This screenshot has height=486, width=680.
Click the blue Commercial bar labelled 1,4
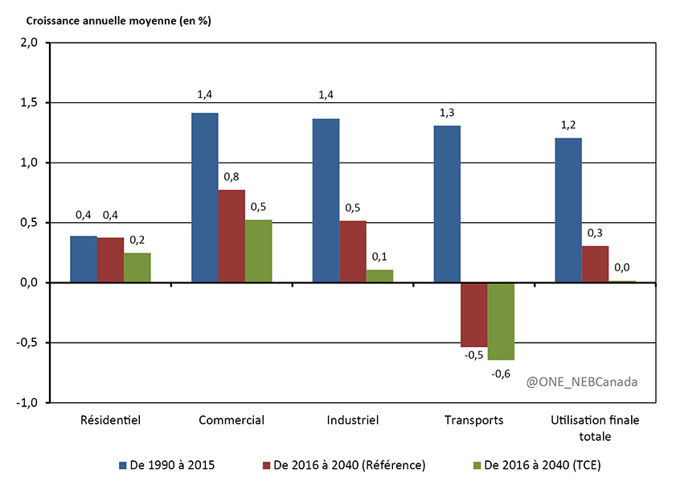coord(204,197)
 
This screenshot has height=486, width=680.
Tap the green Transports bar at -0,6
coord(501,321)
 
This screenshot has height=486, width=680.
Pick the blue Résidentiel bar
coord(84,259)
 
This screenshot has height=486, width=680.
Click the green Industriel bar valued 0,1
coord(380,276)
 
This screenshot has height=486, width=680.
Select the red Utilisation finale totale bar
coord(596,265)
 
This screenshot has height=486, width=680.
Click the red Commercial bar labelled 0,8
coord(231,236)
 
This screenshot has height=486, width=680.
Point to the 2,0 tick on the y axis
coord(28,43)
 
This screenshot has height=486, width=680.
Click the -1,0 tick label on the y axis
coord(27,402)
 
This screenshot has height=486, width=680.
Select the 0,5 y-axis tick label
coord(28,223)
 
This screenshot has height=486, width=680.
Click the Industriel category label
coord(353,420)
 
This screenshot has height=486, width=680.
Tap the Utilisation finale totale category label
coord(596,427)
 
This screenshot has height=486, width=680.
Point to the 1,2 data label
coord(568,126)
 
